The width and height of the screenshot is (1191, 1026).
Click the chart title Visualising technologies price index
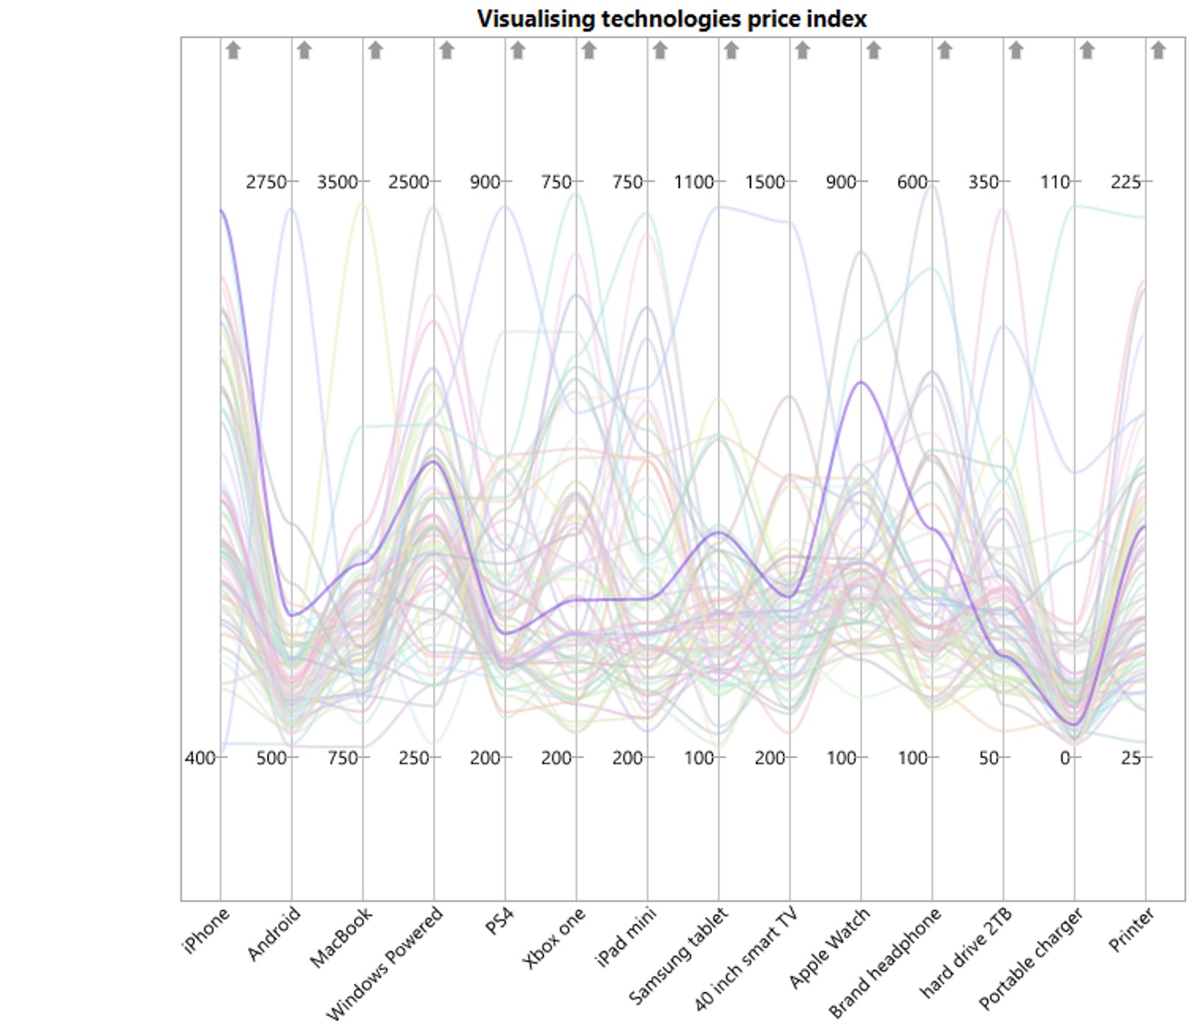672,18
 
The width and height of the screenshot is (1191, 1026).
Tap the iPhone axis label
207,930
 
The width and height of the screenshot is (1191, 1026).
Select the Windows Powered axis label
385,963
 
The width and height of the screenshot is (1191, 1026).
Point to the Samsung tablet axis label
679,956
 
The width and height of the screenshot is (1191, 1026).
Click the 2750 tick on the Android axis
266,182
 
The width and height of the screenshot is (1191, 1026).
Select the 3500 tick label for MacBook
337,182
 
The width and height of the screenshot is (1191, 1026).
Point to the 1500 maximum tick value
764,182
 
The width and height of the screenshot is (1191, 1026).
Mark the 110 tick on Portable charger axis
1054,182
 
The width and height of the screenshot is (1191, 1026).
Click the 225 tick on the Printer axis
1126,182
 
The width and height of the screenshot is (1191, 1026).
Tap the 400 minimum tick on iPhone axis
199,757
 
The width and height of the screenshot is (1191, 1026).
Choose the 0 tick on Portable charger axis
1064,757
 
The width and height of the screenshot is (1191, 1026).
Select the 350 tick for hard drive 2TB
983,182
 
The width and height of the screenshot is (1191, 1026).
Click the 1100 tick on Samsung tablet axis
694,182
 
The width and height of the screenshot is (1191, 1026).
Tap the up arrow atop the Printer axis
1158,50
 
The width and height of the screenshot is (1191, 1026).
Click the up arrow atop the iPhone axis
233,50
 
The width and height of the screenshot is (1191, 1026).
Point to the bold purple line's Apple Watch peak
861,382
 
